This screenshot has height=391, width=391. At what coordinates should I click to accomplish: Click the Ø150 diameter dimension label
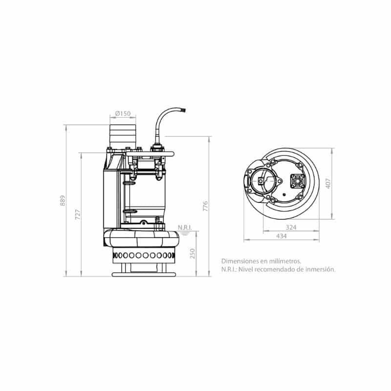coord(123,113)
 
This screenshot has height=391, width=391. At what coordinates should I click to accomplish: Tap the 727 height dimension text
coord(78,215)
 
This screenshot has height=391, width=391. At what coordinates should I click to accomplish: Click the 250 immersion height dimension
coord(192,254)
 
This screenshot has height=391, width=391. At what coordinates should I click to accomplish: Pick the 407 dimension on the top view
coord(328,183)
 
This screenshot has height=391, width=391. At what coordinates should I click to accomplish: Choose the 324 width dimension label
coord(291,227)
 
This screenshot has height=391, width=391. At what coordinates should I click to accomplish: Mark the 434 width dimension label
coord(282,236)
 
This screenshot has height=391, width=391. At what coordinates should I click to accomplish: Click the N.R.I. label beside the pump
coord(185,227)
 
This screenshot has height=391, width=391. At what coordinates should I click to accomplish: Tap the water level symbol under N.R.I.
coord(185,234)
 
